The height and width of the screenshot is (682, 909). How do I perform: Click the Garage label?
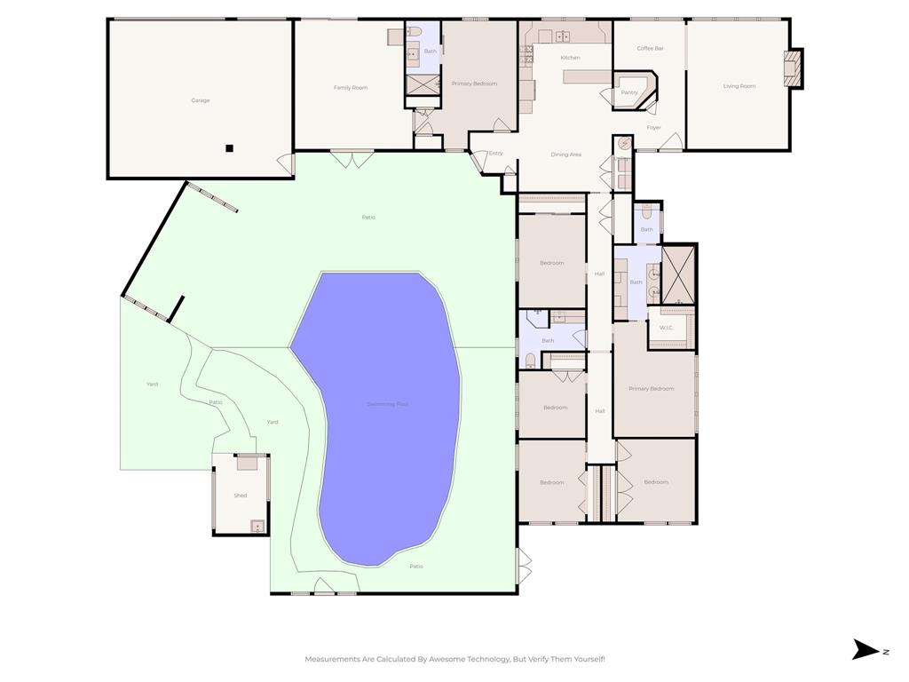coord(201,100)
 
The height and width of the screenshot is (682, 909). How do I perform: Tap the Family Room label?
coord(351,88)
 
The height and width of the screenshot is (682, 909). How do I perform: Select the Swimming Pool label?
coord(388,404)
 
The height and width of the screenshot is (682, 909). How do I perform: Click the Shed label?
coord(241,496)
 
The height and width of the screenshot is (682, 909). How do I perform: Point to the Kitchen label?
coord(570,58)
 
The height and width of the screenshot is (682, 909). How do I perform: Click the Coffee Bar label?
coord(651,48)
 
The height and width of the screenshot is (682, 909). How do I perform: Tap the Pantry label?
coord(629,92)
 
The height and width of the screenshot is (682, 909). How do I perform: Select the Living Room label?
coord(739,86)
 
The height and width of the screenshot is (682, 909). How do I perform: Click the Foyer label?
coord(653,128)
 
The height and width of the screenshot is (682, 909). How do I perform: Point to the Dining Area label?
coord(566,155)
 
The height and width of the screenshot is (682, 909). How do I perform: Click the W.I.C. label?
coord(667,328)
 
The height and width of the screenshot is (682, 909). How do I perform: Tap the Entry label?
coord(495,153)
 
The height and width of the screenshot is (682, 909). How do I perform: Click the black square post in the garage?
coord(229,148)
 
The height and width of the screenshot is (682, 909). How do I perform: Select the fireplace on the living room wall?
coord(793,68)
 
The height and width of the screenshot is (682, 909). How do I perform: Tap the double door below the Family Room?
coord(352,160)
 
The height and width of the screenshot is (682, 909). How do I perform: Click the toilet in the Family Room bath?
coord(415,33)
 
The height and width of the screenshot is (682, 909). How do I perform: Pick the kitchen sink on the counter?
coord(563,36)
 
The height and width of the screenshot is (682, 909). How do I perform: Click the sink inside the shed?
coord(257,526)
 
